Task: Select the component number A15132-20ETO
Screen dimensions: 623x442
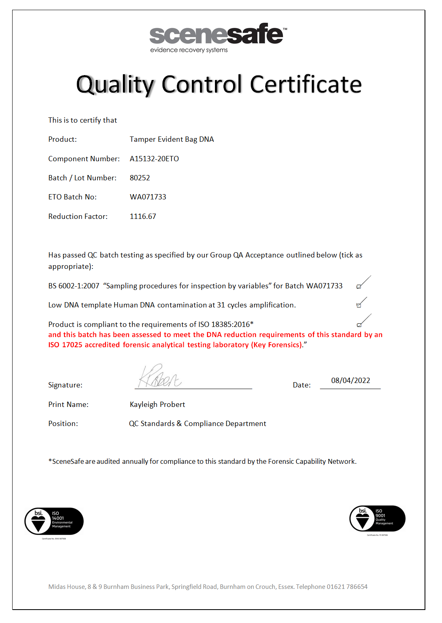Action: [154, 159]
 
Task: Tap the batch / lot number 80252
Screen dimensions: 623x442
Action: [140, 178]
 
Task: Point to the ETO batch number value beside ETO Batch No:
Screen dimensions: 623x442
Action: [148, 197]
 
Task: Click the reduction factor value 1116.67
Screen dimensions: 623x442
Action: [143, 216]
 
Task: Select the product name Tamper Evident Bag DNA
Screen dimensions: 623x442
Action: [172, 139]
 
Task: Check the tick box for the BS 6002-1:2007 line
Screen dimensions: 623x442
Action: [359, 286]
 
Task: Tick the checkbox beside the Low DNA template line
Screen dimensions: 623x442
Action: [359, 305]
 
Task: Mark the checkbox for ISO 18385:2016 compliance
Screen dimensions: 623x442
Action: [359, 324]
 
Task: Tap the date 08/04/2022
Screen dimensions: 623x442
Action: [350, 381]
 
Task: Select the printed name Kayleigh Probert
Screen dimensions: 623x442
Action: [157, 405]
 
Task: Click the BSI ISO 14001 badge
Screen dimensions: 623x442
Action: [54, 521]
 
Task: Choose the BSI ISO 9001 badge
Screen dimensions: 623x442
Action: [377, 519]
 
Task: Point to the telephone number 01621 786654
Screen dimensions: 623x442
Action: [347, 587]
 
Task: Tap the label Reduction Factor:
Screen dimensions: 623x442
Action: [78, 216]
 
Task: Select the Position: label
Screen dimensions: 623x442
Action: [63, 424]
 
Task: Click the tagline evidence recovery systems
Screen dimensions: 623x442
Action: [189, 50]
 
